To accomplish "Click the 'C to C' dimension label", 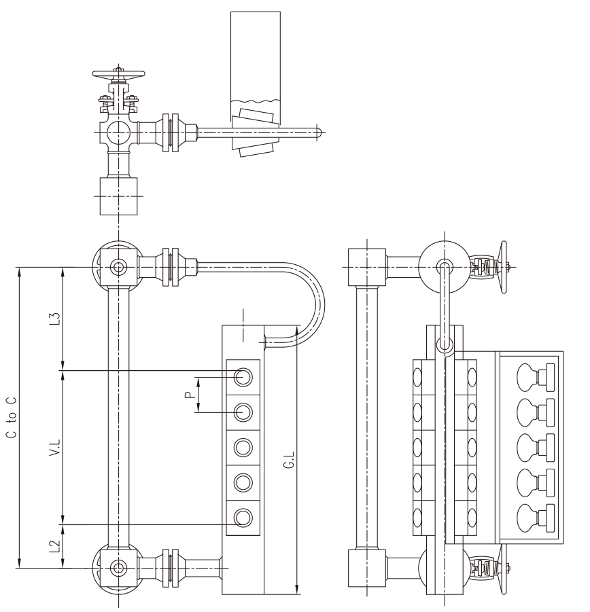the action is [x=12, y=418].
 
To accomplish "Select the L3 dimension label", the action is [x=56, y=319].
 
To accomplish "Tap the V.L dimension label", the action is [x=56, y=448].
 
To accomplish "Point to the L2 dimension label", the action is [x=56, y=546].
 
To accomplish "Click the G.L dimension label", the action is [x=289, y=460].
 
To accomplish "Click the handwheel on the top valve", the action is [x=118, y=74].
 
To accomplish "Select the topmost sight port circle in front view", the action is [x=243, y=377].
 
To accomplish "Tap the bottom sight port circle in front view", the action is [x=243, y=518].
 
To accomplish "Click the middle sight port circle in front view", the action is [x=243, y=448].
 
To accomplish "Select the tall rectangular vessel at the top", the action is [x=256, y=67].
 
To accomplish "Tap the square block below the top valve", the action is [x=119, y=196].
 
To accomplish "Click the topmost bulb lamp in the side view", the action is [x=536, y=377].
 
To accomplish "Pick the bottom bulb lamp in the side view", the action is [x=536, y=518].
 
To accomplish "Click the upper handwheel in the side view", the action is [x=503, y=268].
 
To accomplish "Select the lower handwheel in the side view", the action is [x=503, y=569].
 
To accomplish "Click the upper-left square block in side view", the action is [x=367, y=268].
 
